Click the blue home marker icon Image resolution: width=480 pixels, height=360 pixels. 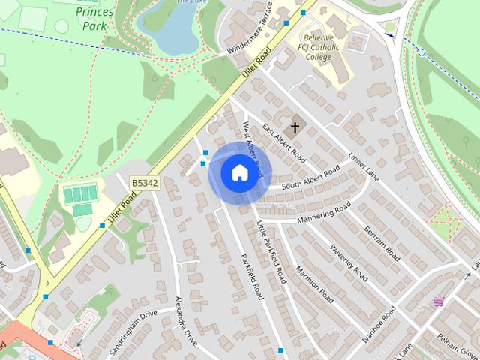(239, 173)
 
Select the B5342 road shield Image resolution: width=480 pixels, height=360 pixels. (145, 182)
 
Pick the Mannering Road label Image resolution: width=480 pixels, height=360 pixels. (323, 212)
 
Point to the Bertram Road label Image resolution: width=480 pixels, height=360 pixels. (382, 241)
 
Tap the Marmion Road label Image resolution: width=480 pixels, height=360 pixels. (314, 283)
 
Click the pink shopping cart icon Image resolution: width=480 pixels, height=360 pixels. (438, 301)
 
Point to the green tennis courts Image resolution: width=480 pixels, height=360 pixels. (80, 195)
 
